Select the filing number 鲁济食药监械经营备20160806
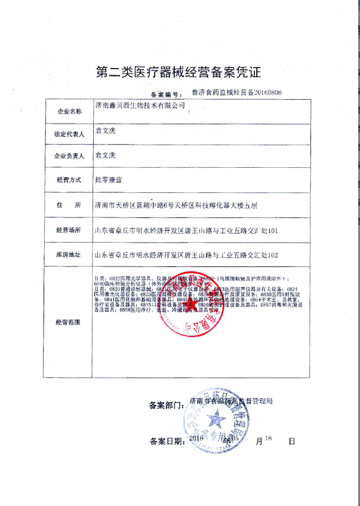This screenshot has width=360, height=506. pyautogui.click(x=236, y=93)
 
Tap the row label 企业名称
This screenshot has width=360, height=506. pyautogui.click(x=67, y=112)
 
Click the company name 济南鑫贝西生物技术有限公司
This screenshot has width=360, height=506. pyautogui.click(x=140, y=105)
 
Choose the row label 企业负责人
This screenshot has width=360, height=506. pyautogui.click(x=67, y=157)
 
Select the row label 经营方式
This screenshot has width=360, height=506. pyautogui.click(x=67, y=180)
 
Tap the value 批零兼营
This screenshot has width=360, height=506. pyautogui.click(x=108, y=179)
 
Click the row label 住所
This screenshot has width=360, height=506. pyautogui.click(x=67, y=205)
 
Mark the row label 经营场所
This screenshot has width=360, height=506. pyautogui.click(x=67, y=230)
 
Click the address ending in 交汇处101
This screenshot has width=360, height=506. pyautogui.click(x=186, y=230)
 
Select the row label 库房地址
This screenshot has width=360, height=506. pyautogui.click(x=67, y=254)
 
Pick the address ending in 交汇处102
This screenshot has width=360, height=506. pyautogui.click(x=186, y=254)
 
